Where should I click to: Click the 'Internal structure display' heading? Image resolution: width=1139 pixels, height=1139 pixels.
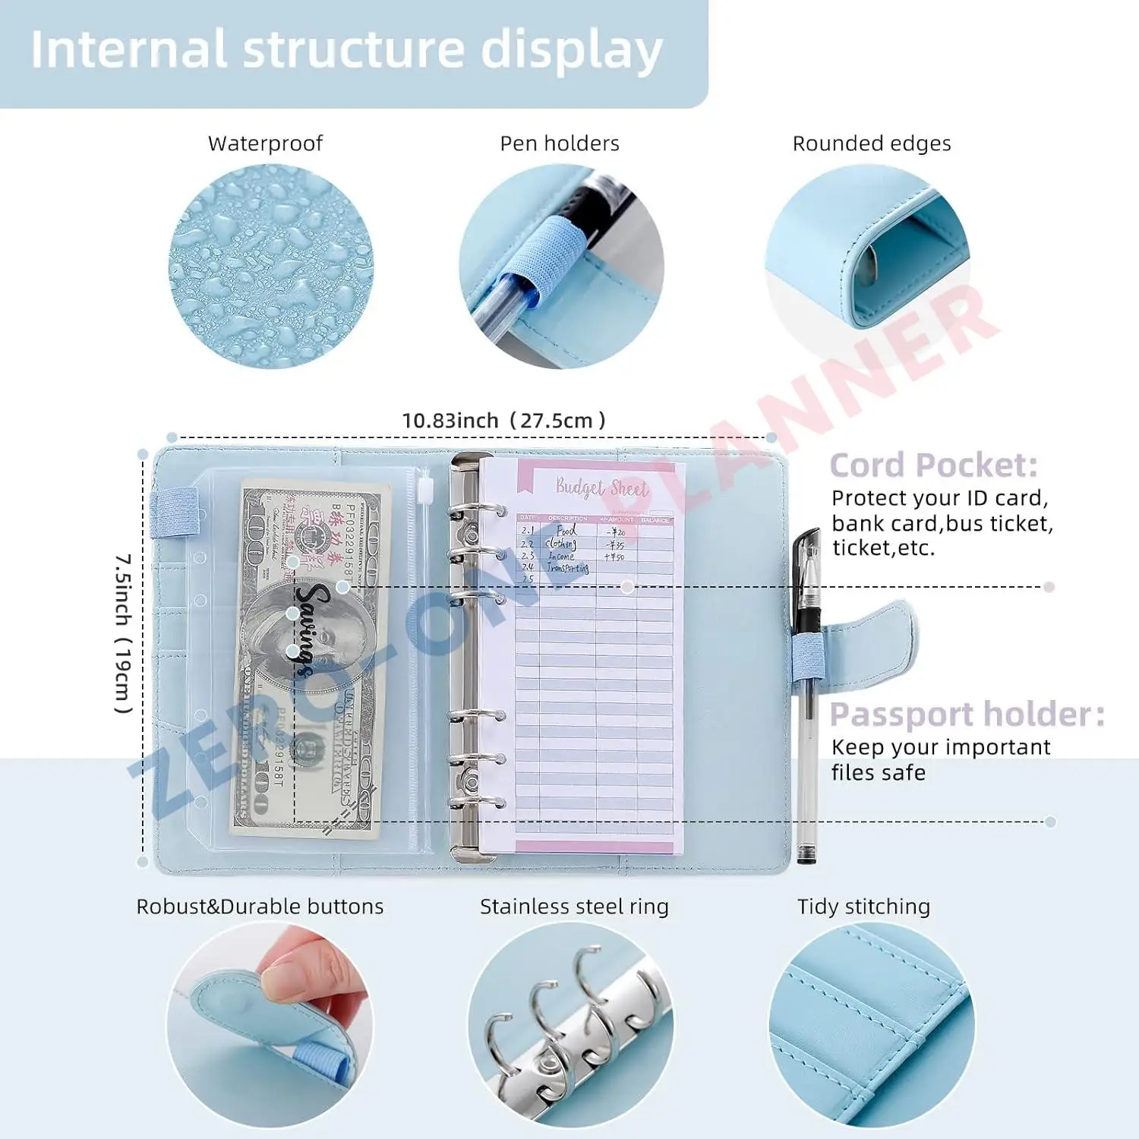point(346,50)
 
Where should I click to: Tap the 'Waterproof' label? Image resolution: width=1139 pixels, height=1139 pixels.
point(265,144)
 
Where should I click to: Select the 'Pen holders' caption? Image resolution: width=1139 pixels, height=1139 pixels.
point(559,144)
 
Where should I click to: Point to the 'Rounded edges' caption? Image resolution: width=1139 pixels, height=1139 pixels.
point(871,144)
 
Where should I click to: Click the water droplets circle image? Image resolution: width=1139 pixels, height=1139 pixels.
point(271,267)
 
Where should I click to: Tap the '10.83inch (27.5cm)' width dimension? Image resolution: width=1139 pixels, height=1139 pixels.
point(503,421)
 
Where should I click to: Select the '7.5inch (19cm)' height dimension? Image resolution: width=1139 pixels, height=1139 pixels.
point(123,633)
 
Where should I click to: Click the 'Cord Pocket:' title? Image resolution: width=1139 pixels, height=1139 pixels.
point(932,465)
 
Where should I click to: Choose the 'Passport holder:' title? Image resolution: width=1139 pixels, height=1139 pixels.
point(966,715)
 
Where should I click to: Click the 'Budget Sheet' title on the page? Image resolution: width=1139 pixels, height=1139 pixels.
point(601,487)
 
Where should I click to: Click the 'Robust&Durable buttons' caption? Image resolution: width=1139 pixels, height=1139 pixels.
point(260,907)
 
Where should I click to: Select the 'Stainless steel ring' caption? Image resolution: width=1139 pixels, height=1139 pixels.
point(574,907)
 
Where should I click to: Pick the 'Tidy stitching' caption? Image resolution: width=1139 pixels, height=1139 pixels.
point(863,907)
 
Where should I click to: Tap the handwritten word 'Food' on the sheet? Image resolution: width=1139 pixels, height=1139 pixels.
point(566,531)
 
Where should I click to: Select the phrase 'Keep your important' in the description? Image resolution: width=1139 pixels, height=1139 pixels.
point(940,747)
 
